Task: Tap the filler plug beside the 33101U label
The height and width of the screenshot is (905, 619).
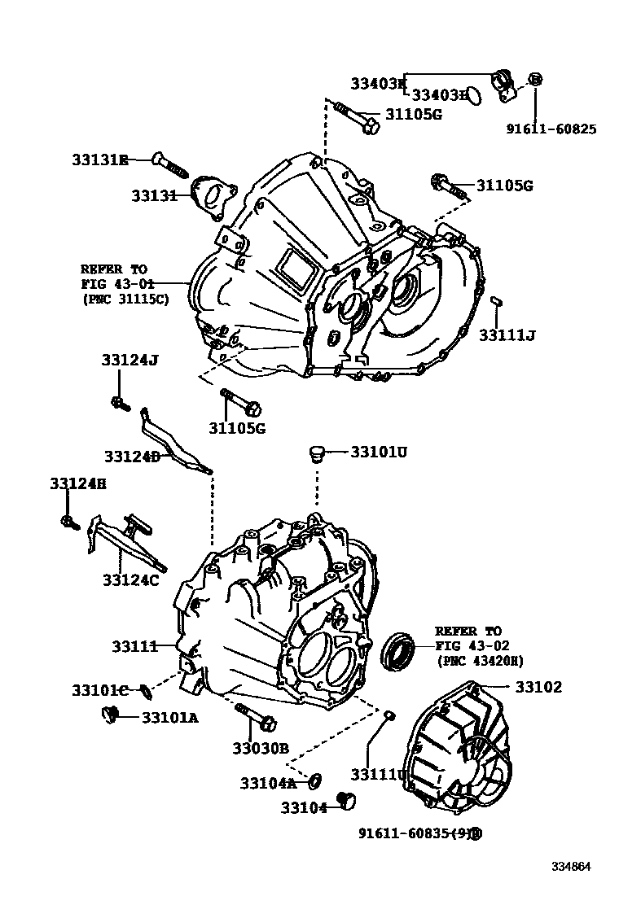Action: pos(318,452)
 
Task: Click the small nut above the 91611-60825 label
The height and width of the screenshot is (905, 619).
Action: pos(535,79)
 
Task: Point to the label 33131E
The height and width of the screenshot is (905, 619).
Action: pos(99,160)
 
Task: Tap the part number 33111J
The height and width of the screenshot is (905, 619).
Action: pos(507,334)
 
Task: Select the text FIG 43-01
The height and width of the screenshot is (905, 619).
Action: pos(114,283)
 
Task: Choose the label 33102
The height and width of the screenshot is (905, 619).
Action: pos(538,687)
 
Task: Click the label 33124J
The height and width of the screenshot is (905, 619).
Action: pos(130,361)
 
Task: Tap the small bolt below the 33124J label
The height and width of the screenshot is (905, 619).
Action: pos(119,402)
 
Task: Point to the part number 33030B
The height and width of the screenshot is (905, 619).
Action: pos(260,749)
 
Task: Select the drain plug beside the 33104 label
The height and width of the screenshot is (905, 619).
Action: pos(349,802)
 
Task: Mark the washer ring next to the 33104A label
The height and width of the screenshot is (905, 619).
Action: pos(314,782)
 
